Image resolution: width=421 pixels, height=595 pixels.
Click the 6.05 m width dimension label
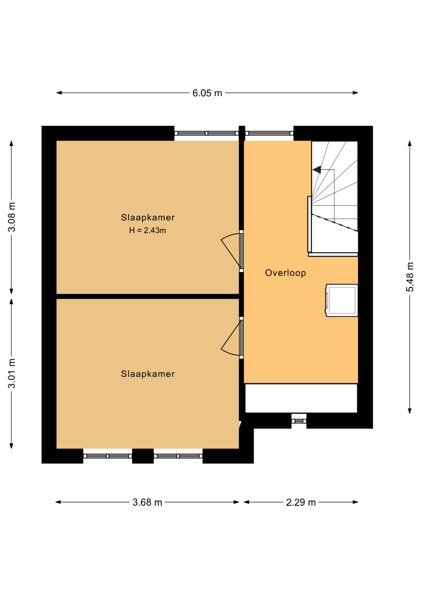[207, 93]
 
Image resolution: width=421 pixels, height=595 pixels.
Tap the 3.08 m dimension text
[12, 217]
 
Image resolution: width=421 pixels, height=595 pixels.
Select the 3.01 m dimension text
[12, 373]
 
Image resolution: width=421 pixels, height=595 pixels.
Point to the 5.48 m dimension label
[410, 277]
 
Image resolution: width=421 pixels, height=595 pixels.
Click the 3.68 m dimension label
[147, 502]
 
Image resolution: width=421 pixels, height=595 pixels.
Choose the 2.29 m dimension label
[301, 502]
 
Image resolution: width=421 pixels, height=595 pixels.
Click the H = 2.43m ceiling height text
[148, 230]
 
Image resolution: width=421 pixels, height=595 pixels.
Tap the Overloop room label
[286, 273]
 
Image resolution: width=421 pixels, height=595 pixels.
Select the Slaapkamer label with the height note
[148, 217]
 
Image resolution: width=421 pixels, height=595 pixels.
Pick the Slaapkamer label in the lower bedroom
[148, 374]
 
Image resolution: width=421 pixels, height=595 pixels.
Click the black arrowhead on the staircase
[317, 170]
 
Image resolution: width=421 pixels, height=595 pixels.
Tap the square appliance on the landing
[342, 300]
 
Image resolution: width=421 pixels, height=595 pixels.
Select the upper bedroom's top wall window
[206, 133]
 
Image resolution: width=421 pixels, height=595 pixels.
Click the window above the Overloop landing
[269, 133]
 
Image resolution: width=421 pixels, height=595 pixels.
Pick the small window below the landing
[299, 421]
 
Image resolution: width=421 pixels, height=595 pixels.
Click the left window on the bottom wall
[108, 456]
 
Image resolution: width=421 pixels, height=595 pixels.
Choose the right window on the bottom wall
[178, 456]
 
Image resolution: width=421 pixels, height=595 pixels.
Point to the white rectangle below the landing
[301, 398]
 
